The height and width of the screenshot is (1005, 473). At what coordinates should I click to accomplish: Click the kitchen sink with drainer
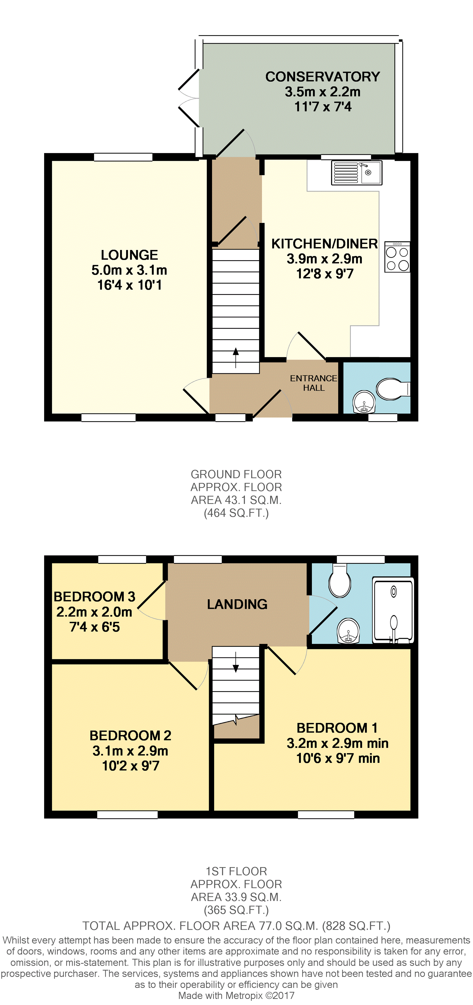tap(356, 173)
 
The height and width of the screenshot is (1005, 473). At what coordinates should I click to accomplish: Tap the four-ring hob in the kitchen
tap(397, 257)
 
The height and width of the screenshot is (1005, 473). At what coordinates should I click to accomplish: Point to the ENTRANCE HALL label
tap(314, 383)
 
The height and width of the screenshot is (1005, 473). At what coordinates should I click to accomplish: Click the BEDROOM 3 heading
tap(94, 596)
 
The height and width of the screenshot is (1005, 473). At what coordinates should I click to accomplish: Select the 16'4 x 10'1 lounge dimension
tap(129, 285)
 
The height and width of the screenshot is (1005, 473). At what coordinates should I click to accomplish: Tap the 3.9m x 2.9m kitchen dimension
tap(324, 259)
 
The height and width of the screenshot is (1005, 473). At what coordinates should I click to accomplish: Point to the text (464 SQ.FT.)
tap(236, 513)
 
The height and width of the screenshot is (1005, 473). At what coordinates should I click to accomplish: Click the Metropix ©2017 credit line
tap(236, 995)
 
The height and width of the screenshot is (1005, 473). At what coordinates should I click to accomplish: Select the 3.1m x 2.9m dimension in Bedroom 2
tap(130, 751)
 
